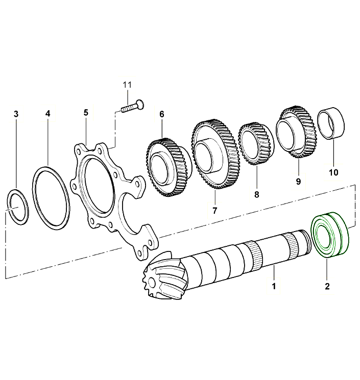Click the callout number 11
tap(127, 83)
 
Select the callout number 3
tap(16, 114)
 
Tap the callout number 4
tap(48, 114)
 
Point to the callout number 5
tap(86, 112)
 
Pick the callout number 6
tap(162, 114)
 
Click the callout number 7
tap(215, 210)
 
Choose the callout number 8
tap(256, 194)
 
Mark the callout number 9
tap(297, 181)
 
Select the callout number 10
tap(333, 172)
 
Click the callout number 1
tap(274, 286)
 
